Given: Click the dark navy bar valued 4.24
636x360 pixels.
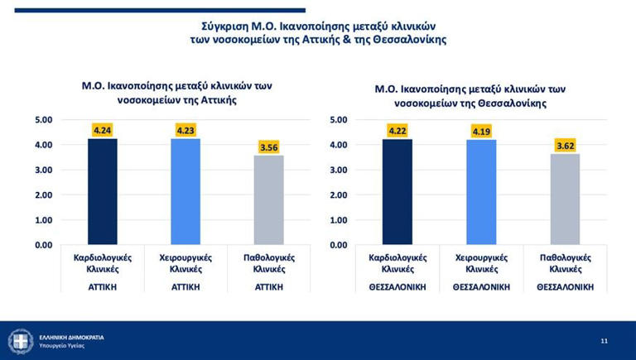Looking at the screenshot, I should (x=102, y=191).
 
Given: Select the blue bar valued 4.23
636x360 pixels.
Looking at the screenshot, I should (x=185, y=191).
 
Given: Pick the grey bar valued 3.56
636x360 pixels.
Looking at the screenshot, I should (x=268, y=199).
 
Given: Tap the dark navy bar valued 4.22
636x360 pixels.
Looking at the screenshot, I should (x=397, y=191).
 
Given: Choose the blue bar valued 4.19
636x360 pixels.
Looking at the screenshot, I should (x=481, y=192).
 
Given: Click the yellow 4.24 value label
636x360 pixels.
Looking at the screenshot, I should (x=102, y=130).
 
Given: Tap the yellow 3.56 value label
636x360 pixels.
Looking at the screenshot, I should (x=268, y=147).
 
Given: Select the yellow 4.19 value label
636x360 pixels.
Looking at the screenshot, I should (x=481, y=132).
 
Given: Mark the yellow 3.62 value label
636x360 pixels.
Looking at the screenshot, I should (x=565, y=146).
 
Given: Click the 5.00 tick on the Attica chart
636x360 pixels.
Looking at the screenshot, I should (x=43, y=120).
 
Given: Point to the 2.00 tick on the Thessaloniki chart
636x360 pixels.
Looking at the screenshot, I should (x=338, y=195).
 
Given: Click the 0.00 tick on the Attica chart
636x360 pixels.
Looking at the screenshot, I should (x=43, y=245).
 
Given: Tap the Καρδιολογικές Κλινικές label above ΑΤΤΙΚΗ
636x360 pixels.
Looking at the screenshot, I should (x=102, y=263).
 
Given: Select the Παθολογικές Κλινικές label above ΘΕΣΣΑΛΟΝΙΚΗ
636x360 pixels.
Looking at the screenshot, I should (x=565, y=263).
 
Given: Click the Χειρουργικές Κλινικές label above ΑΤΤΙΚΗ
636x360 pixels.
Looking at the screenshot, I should (x=185, y=263).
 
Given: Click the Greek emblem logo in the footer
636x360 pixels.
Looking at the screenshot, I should (x=20, y=341).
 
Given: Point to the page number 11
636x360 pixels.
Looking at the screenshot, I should (x=604, y=340).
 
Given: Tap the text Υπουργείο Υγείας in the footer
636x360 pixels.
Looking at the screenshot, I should (x=62, y=345).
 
